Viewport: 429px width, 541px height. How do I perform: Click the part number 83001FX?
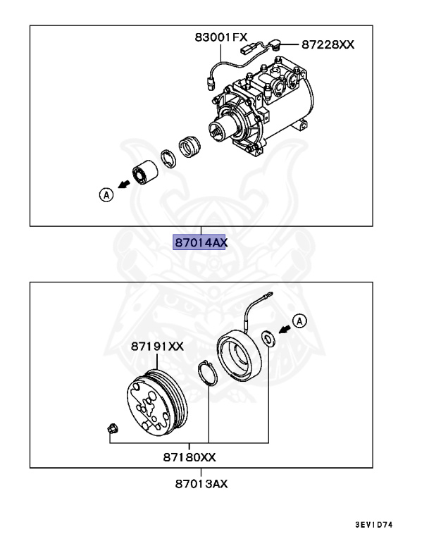click(x=220, y=37)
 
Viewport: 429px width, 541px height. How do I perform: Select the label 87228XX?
click(x=328, y=44)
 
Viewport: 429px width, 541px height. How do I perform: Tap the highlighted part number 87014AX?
click(x=201, y=242)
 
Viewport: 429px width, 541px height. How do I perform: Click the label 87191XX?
click(x=156, y=346)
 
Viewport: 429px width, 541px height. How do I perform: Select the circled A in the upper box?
click(x=106, y=195)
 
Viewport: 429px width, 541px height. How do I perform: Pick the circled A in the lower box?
click(x=300, y=322)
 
